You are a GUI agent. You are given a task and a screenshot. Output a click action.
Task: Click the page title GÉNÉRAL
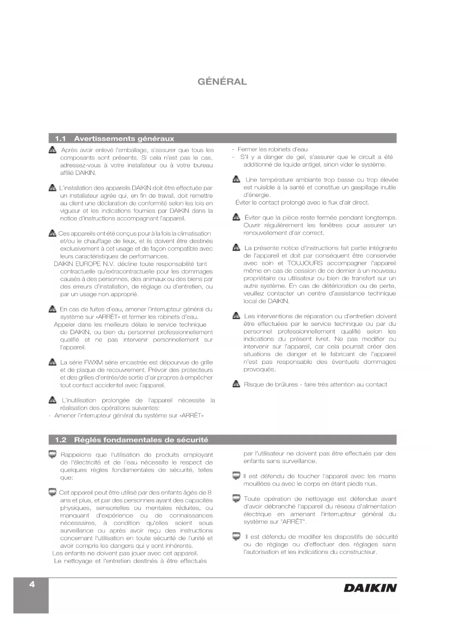coord(222,82)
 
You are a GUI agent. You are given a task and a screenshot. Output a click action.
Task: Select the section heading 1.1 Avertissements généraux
coord(115,139)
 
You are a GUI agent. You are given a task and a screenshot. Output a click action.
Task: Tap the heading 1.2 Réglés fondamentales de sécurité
coord(132,440)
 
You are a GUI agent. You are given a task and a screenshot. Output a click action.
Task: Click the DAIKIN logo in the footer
coord(370,588)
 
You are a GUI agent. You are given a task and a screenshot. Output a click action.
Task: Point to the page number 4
coord(32,584)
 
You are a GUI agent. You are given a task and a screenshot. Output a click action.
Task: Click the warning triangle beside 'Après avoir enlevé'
coord(52,150)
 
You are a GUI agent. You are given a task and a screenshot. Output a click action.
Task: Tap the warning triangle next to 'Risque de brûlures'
coord(236,384)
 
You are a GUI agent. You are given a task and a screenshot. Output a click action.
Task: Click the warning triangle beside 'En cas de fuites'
coord(52,309)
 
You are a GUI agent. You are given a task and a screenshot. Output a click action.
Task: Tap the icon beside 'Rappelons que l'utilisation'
coord(52,454)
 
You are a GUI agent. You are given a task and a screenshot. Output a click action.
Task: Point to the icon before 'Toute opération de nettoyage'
coord(236,499)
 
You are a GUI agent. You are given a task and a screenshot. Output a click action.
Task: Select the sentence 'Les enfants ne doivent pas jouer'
coord(125,553)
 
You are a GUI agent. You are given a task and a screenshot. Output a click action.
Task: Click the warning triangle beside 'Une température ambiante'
coord(236,180)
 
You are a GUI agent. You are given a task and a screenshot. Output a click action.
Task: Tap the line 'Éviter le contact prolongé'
coord(302,203)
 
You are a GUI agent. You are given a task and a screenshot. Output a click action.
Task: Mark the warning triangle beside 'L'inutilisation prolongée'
coord(52,400)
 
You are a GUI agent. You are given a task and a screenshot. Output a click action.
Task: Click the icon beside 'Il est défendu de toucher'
coord(236,476)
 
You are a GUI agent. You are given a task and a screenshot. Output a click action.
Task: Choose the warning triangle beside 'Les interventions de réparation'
coord(236,316)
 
